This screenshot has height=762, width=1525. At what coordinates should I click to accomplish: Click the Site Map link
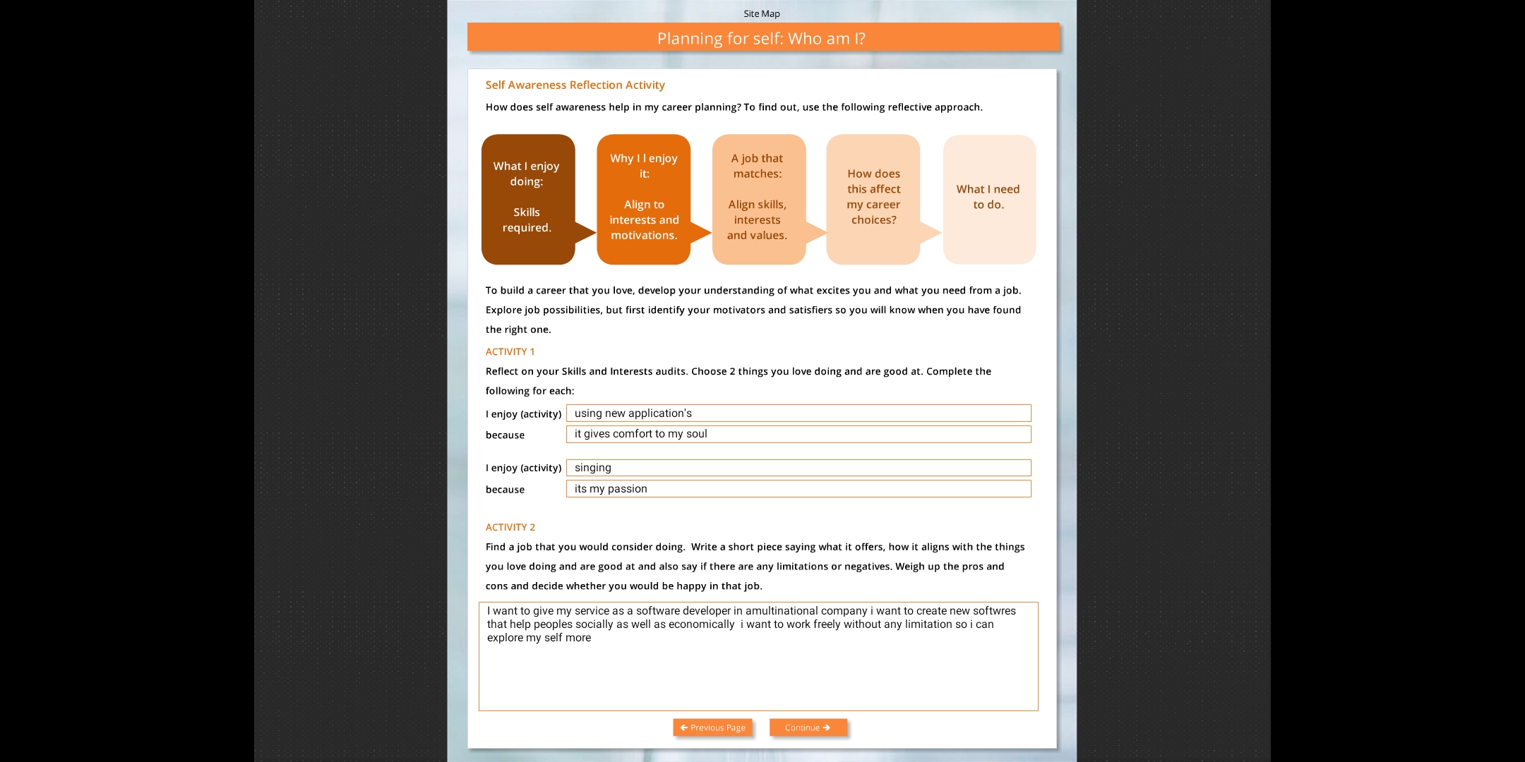(x=761, y=13)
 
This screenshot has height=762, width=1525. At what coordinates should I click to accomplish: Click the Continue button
(x=808, y=727)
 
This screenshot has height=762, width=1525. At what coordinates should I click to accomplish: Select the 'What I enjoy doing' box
(x=527, y=199)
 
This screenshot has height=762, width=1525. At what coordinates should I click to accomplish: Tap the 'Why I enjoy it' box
(x=643, y=199)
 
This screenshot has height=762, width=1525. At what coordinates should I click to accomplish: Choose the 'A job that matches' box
(x=758, y=199)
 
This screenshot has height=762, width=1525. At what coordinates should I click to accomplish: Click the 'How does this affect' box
(x=873, y=199)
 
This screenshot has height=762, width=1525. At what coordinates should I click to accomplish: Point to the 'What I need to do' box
(x=988, y=199)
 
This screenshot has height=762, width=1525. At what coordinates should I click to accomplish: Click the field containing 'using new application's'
(x=798, y=413)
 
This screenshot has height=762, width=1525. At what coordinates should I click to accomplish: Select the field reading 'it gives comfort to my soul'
(x=798, y=434)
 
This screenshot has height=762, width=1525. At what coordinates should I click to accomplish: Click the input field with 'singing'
(x=798, y=468)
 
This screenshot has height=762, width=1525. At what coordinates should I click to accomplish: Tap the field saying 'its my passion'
(x=798, y=489)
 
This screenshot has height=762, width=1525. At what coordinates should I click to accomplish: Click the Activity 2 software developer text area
(x=758, y=656)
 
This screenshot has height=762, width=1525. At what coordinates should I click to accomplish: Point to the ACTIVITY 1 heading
(x=510, y=351)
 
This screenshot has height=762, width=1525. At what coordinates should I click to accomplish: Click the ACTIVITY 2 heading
(x=510, y=527)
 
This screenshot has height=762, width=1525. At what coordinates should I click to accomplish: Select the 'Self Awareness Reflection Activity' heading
(x=575, y=85)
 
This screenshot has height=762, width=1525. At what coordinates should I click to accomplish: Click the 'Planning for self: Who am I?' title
(x=761, y=38)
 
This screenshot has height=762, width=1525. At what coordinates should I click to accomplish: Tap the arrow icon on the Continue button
(x=826, y=727)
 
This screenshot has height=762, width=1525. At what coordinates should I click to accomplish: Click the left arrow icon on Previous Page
(x=683, y=727)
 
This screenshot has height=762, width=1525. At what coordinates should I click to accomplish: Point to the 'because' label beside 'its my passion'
(x=505, y=490)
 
